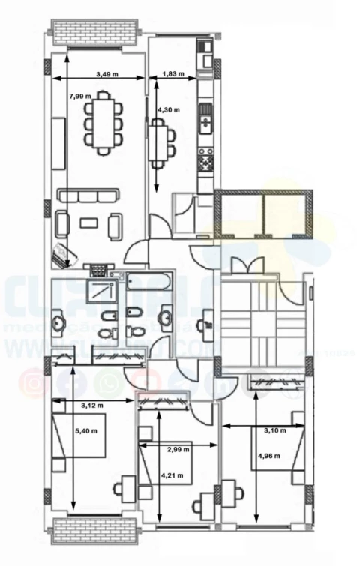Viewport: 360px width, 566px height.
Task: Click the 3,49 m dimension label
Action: [x=109, y=73]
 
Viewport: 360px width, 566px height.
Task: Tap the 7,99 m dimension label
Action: [x=80, y=96]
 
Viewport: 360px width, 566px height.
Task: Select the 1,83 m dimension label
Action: [x=174, y=73]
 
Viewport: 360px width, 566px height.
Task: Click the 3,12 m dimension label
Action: [x=92, y=406]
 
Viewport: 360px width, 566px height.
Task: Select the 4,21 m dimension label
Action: [x=175, y=474]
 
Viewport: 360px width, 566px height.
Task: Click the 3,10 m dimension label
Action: [x=276, y=430]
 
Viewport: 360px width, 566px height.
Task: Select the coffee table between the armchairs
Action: [x=89, y=221]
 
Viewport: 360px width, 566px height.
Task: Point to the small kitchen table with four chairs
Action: [x=159, y=142]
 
